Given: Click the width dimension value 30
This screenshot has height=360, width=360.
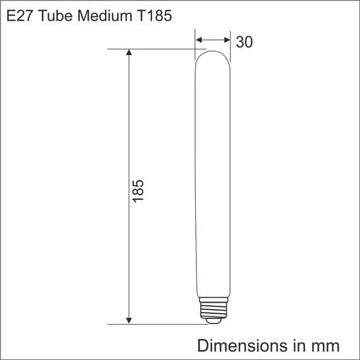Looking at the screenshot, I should [244, 42].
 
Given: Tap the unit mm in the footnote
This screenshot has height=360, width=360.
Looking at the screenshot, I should [325, 345].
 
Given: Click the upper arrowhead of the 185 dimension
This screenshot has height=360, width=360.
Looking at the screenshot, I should [129, 54].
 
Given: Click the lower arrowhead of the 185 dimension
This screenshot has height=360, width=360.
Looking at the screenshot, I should [129, 319].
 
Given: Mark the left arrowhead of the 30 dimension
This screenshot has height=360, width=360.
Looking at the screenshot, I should [200, 40].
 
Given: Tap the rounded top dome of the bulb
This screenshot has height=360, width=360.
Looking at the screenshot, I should [213, 56].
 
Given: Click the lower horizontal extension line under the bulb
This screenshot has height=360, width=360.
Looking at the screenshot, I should [158, 324].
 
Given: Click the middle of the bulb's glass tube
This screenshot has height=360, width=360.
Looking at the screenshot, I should [212, 177].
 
